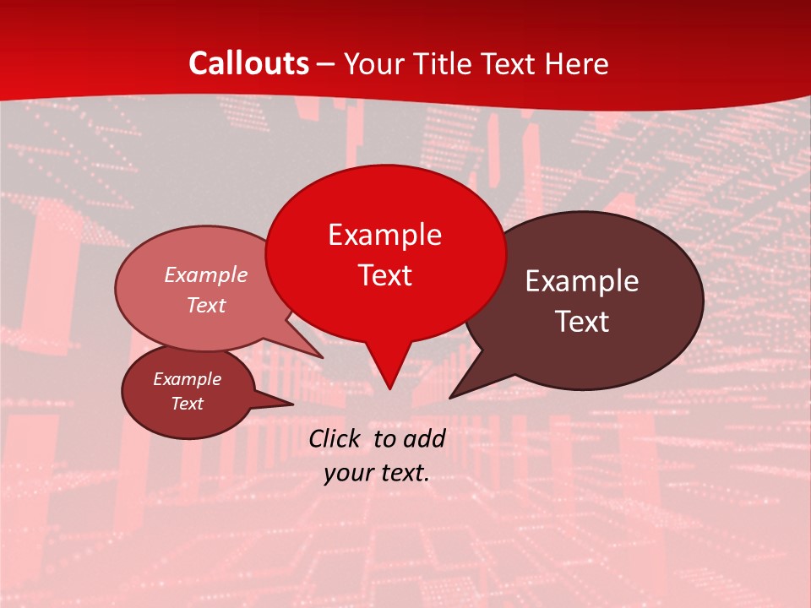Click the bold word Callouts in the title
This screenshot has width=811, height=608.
tap(249, 63)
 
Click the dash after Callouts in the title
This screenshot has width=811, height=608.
tap(327, 64)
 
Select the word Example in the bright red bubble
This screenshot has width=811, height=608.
tap(384, 235)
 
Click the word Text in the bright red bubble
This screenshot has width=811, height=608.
tap(384, 275)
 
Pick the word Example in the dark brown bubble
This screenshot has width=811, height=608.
tap(582, 281)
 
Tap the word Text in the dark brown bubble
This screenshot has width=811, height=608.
tap(582, 322)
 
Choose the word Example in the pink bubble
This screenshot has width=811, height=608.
tap(206, 275)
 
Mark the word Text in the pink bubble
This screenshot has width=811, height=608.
tap(206, 306)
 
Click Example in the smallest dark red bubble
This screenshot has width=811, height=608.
tap(187, 379)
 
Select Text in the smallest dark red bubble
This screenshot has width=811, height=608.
tap(187, 404)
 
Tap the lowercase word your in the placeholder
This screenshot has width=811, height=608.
tap(348, 473)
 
